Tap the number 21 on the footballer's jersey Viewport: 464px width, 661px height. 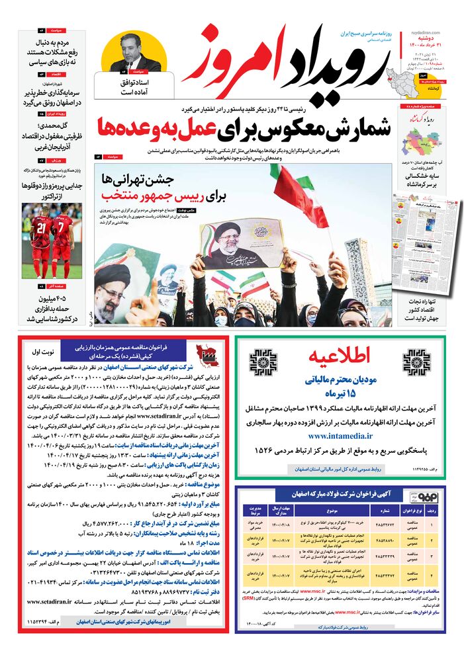[x=40, y=228]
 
